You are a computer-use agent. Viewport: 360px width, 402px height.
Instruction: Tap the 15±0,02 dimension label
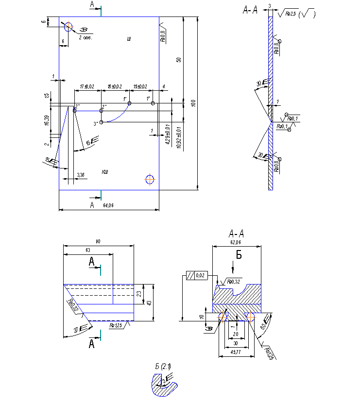(140, 86)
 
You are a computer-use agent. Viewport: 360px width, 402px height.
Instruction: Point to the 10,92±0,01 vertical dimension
(180, 137)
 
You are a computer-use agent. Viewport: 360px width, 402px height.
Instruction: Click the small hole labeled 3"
(101, 122)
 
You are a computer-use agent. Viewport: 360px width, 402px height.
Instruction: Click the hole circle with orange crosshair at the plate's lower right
(150, 180)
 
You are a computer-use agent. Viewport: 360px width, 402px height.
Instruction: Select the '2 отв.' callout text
(85, 37)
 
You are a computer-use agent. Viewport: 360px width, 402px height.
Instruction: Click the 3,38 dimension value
(81, 174)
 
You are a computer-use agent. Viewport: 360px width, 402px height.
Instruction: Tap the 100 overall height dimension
(193, 103)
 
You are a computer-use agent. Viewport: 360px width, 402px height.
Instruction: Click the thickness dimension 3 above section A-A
(269, 5)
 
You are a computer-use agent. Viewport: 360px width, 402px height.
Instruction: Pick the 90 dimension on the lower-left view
(98, 241)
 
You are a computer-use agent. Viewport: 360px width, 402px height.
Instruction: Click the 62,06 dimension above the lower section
(236, 241)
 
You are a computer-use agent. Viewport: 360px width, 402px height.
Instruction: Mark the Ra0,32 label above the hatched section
(234, 281)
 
